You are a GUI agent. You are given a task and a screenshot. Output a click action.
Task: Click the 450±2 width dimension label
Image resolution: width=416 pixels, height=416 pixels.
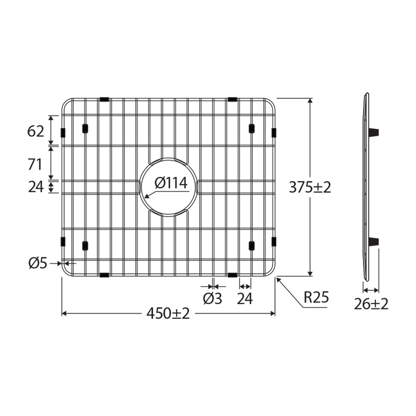pos(168,314)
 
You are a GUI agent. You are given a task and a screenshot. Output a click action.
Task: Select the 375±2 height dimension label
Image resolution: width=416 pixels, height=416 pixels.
pos(310,187)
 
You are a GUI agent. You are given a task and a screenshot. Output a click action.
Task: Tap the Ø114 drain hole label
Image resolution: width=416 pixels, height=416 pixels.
pos(171,183)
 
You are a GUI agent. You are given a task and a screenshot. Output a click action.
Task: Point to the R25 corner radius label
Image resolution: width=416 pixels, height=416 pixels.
pos(316,297)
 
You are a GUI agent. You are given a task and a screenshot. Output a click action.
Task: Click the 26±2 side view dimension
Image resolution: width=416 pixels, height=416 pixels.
pos(371,304)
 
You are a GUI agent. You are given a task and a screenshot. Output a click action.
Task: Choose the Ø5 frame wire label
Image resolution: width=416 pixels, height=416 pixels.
pos(37,264)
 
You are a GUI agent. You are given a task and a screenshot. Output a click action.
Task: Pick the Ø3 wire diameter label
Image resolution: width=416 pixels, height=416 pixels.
pos(213,298)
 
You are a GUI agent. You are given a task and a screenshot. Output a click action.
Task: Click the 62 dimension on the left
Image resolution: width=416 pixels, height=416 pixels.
pos(35,131)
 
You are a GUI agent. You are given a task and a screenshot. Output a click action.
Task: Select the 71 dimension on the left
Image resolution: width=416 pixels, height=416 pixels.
pos(35,164)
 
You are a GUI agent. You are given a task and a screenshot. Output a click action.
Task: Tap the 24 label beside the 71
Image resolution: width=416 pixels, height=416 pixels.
pos(36,187)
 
